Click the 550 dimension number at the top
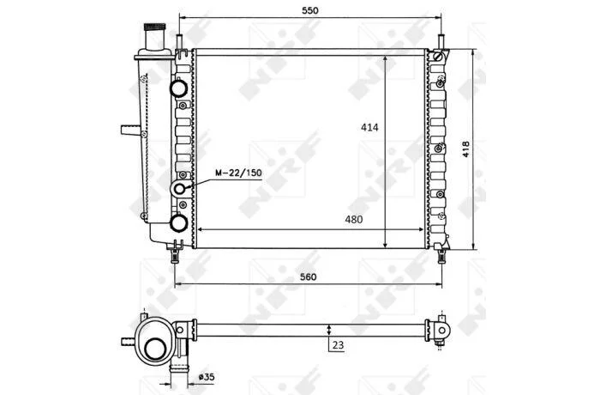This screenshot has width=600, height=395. (310, 11)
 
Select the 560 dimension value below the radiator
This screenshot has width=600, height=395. (309, 276)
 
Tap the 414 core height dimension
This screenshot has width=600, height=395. (369, 127)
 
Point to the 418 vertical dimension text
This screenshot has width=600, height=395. (465, 149)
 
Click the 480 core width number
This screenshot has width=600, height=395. (353, 220)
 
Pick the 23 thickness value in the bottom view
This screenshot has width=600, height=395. (338, 345)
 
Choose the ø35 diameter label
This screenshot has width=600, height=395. (207, 377)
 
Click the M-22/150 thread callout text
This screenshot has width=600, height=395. (238, 173)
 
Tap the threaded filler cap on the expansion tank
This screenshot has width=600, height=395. (154, 27)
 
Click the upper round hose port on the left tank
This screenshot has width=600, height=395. (178, 88)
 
